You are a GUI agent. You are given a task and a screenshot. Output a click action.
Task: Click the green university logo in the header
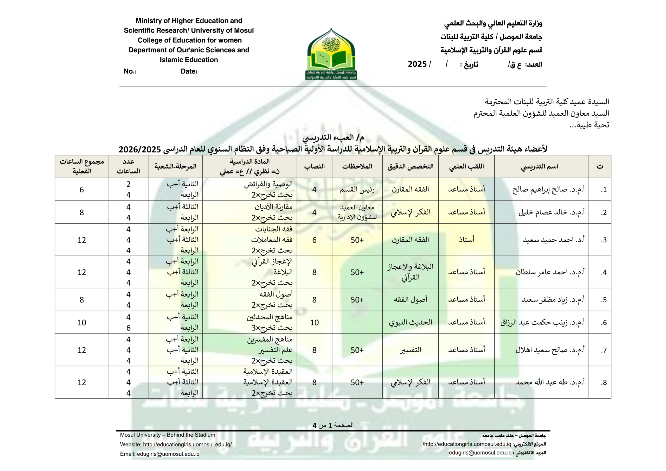click(331, 55)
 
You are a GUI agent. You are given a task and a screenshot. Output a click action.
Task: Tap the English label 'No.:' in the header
click(130, 71)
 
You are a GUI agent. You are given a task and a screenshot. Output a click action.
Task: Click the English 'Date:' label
click(189, 71)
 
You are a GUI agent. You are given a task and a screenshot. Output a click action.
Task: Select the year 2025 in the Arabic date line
click(417, 64)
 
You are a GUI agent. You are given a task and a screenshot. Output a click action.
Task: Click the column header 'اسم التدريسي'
click(539, 167)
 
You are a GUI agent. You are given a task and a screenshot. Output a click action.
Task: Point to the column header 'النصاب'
click(314, 167)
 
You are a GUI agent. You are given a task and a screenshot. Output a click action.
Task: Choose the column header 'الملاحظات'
click(357, 167)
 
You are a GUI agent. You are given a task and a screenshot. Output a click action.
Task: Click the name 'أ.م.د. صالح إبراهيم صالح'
click(548, 190)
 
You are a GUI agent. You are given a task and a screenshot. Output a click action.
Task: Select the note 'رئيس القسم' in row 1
click(357, 190)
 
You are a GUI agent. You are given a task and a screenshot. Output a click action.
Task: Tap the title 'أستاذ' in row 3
click(466, 240)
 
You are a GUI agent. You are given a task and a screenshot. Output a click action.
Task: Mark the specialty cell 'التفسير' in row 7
click(410, 350)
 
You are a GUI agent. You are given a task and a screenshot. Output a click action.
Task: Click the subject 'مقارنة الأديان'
click(273, 207)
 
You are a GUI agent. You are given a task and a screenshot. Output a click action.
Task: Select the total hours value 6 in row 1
click(82, 190)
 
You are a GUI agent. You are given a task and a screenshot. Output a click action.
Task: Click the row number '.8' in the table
click(604, 382)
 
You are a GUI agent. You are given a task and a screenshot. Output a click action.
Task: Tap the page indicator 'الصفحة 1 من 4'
click(333, 425)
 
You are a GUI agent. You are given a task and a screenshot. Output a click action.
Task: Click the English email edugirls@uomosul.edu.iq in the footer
click(168, 454)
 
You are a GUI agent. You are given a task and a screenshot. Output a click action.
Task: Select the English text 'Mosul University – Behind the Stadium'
click(168, 435)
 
